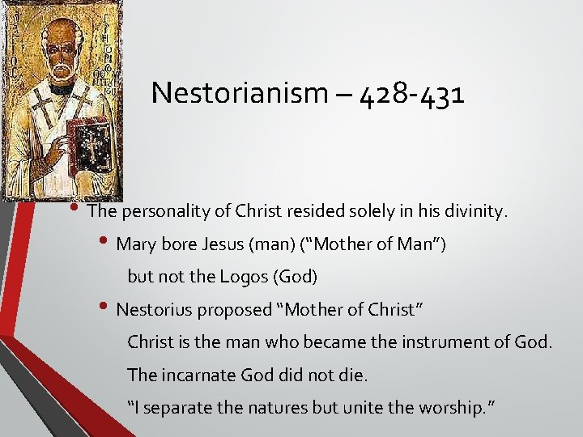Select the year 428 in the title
tap(364, 94)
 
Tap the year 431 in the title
tap(438, 94)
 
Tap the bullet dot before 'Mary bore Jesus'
tap(107, 242)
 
